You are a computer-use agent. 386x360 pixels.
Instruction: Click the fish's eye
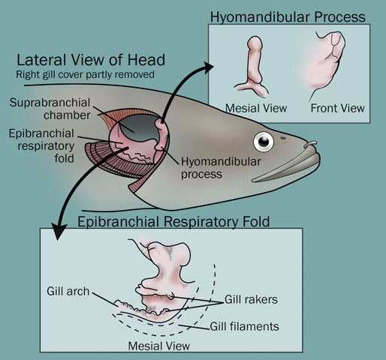pyautogui.click(x=264, y=142)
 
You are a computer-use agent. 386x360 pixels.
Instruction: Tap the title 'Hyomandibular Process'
pyautogui.click(x=288, y=17)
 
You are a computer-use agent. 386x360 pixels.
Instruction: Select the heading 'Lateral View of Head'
pyautogui.click(x=91, y=60)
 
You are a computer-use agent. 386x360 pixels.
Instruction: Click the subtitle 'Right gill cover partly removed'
pyautogui.click(x=85, y=74)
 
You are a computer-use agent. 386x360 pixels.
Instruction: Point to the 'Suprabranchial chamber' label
pyautogui.click(x=50, y=109)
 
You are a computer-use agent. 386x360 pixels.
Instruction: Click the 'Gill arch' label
pyautogui.click(x=68, y=291)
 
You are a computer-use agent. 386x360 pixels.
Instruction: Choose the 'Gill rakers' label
pyautogui.click(x=251, y=299)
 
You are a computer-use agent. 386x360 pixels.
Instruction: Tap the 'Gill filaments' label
pyautogui.click(x=244, y=326)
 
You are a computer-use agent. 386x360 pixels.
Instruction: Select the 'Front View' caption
pyautogui.click(x=337, y=108)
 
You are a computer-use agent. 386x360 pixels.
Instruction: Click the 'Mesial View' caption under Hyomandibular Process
pyautogui.click(x=256, y=108)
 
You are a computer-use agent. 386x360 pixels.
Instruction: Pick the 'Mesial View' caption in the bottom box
pyautogui.click(x=159, y=346)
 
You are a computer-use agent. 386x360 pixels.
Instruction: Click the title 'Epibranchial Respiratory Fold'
pyautogui.click(x=173, y=221)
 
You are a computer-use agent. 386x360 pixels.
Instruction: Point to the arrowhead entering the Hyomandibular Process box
pyautogui.click(x=208, y=67)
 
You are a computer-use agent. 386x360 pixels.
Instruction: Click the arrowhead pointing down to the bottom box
pyautogui.click(x=59, y=232)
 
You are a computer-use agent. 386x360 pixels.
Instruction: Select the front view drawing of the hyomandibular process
pyautogui.click(x=327, y=62)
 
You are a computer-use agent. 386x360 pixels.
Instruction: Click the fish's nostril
pyautogui.click(x=283, y=138)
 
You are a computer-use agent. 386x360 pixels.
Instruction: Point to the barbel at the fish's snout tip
pyautogui.click(x=311, y=144)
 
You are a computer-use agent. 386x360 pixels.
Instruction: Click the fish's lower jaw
pyautogui.click(x=285, y=169)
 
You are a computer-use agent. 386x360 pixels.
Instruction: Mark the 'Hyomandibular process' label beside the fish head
pyautogui.click(x=221, y=168)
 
